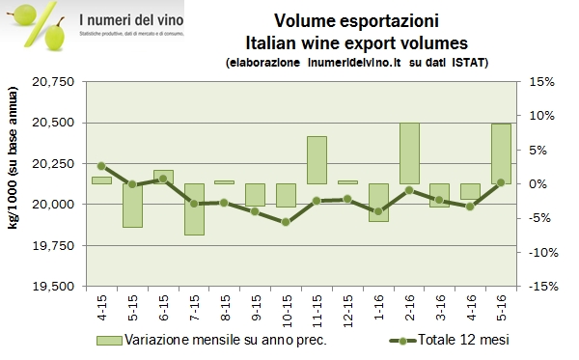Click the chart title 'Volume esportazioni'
(x=356, y=21)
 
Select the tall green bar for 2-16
(x=409, y=152)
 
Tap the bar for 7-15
(x=194, y=208)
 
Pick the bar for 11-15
(x=317, y=159)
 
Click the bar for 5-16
(x=501, y=153)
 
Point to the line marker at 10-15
(x=286, y=222)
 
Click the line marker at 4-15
(x=101, y=166)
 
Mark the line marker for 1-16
(x=378, y=211)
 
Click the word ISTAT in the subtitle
(x=469, y=62)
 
